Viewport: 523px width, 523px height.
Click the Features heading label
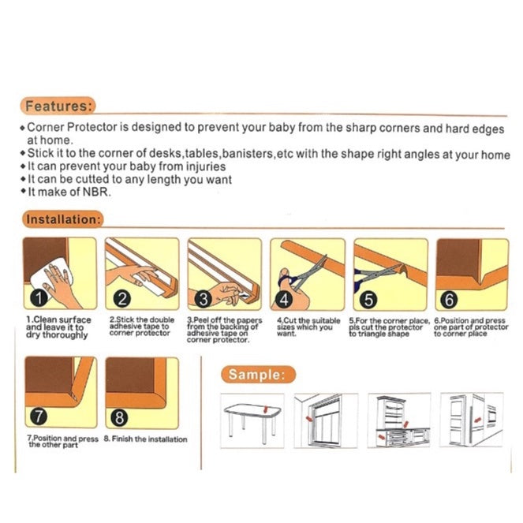[59, 105]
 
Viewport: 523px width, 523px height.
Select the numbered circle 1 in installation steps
[36, 298]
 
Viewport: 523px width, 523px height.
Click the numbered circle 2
[121, 298]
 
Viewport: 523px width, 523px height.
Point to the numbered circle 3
[203, 298]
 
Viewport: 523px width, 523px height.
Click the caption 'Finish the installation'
[150, 439]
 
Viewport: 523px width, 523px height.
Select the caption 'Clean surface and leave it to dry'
[58, 327]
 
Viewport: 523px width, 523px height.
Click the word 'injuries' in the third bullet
[204, 166]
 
